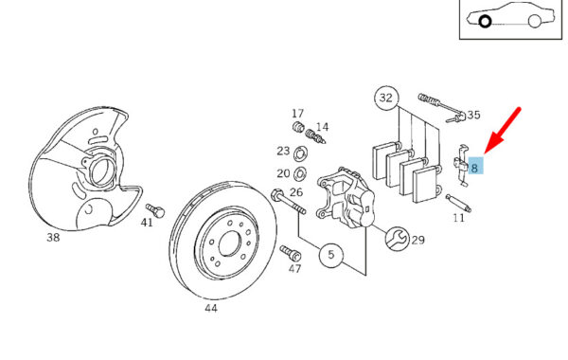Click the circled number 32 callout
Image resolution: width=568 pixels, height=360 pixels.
coord(386,98)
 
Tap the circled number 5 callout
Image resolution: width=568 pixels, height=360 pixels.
coord(331,255)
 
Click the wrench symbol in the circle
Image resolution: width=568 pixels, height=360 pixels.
coord(397,239)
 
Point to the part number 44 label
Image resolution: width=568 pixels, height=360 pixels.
coord(211,308)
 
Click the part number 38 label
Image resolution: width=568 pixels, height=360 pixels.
coord(53,238)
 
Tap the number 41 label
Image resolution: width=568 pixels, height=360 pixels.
coord(147,223)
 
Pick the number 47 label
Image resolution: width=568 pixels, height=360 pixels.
coord(294,269)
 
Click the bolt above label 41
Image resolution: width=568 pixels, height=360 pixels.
coord(155,210)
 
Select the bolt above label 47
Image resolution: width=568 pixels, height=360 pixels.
coord(291,253)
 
